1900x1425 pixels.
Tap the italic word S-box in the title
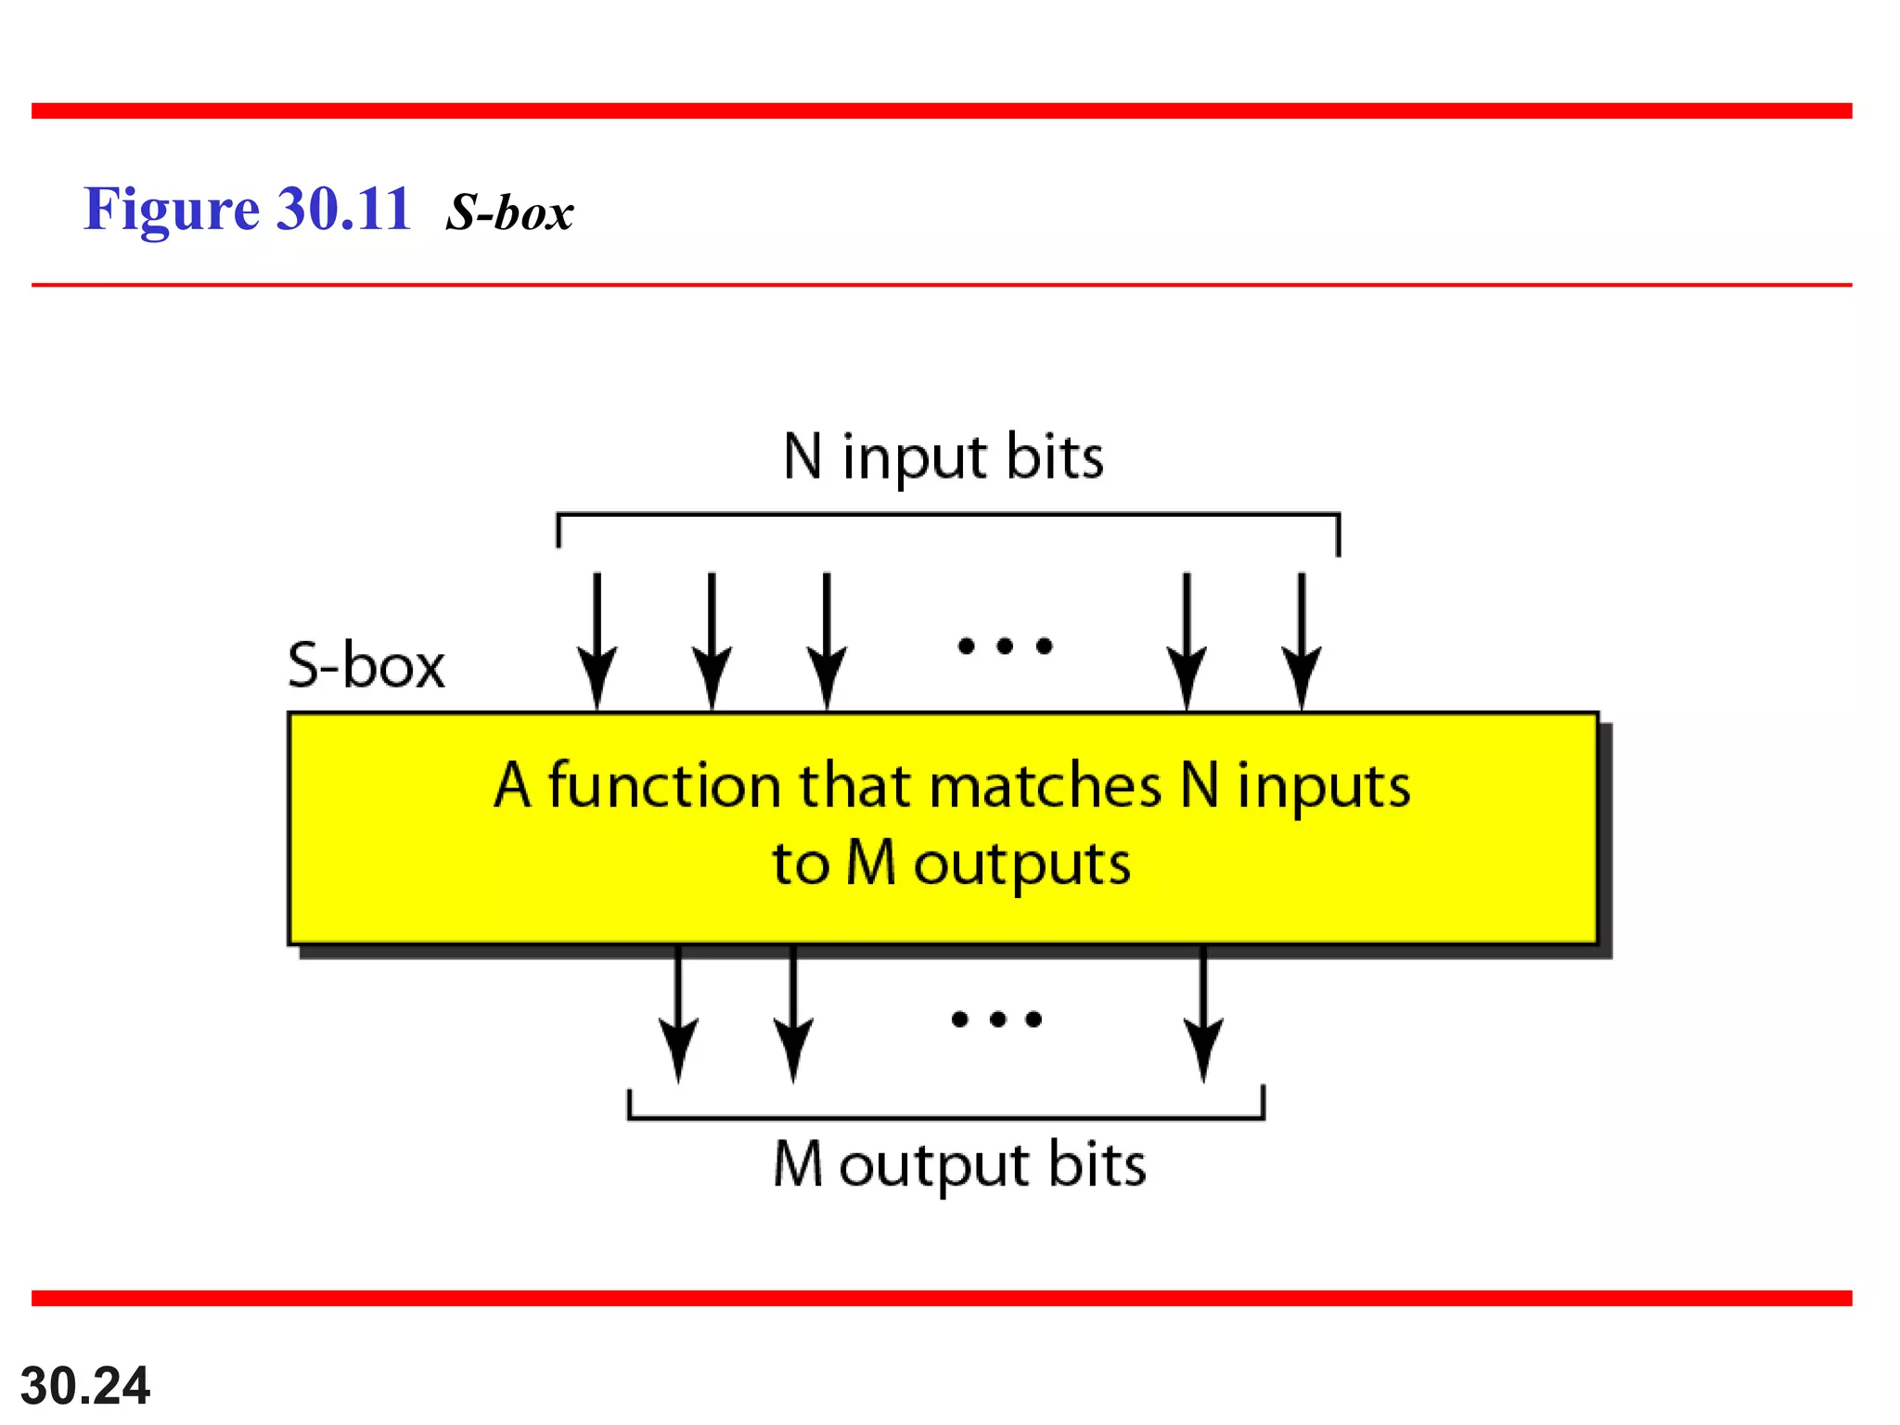coord(509,212)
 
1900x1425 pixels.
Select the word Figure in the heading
coord(172,209)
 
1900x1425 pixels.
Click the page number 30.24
coord(84,1386)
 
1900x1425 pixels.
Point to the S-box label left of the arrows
coord(366,665)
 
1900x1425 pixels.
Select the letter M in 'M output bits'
coord(798,1163)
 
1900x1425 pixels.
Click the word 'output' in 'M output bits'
coord(934,1166)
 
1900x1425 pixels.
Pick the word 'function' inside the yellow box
coord(664,786)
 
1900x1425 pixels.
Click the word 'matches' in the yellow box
coord(1045,786)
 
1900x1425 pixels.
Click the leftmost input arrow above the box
coord(597,640)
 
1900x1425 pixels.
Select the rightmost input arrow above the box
coord(1302,640)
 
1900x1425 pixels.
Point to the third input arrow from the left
coord(827,640)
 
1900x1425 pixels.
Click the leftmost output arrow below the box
coord(678,1013)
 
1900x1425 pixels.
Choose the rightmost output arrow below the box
coord(1203,1013)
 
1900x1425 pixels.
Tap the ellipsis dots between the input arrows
coord(1005,646)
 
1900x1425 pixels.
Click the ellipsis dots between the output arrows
coord(997,1020)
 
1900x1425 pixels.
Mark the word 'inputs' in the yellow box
coord(1324,788)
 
